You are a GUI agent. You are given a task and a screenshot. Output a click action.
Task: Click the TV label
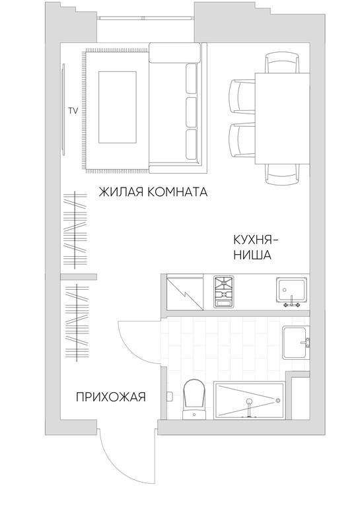pos(73,111)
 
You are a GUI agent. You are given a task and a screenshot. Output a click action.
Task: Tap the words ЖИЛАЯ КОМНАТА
pos(153,192)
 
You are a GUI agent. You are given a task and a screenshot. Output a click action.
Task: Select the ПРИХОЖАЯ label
pos(110,397)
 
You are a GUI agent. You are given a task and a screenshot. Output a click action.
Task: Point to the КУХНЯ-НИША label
pos(255,248)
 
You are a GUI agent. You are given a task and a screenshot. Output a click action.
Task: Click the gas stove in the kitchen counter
pos(223,291)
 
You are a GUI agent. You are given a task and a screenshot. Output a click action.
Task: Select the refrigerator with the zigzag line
pos(185,292)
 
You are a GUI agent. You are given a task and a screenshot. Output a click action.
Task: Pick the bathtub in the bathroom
pos(248,401)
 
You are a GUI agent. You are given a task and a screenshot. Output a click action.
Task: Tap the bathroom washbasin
pos(295,343)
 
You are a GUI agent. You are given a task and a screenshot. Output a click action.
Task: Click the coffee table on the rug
pos(117,108)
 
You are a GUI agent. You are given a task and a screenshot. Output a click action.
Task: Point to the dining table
pos(282,119)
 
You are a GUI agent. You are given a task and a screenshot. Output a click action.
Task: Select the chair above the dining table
pos(282,63)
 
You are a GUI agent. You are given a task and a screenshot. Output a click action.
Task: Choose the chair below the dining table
pos(282,174)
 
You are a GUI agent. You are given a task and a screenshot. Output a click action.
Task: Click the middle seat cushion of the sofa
pos(192,112)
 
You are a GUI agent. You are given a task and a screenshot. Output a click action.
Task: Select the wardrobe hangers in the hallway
pos(77,322)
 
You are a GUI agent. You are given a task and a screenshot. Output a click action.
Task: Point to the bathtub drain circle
pos(278,401)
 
